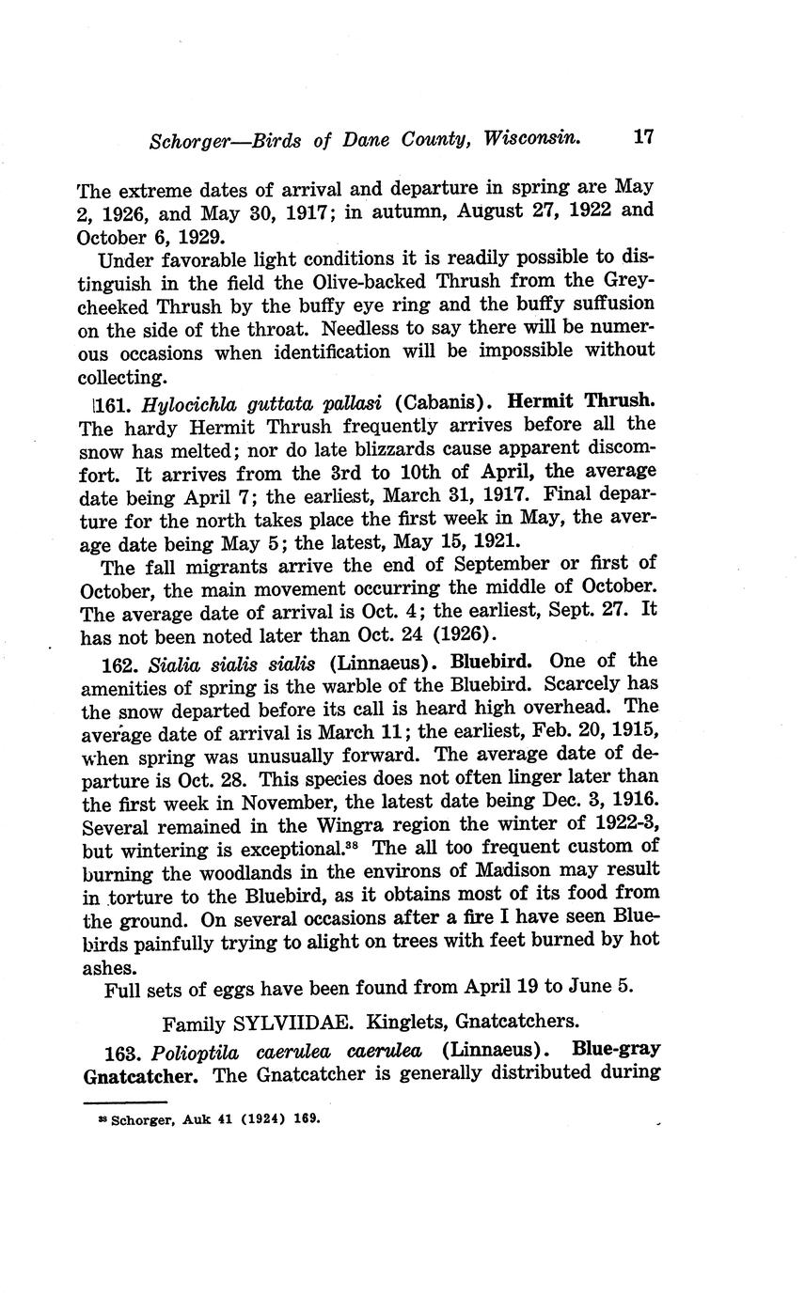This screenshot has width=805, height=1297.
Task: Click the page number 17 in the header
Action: pyautogui.click(x=643, y=137)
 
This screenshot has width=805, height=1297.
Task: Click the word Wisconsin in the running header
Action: pyautogui.click(x=531, y=139)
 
